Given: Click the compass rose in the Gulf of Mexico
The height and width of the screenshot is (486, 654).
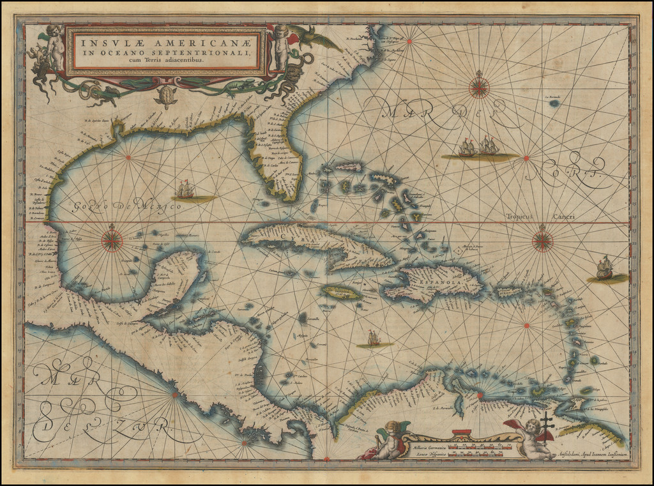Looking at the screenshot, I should (x=112, y=239).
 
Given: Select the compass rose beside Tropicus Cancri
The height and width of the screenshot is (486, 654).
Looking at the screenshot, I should (x=542, y=240).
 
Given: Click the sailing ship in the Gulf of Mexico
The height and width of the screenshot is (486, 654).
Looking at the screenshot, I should (x=186, y=190).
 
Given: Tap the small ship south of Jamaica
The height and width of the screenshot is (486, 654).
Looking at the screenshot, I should (x=374, y=338).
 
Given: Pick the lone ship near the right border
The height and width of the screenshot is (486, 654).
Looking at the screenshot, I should (x=604, y=268).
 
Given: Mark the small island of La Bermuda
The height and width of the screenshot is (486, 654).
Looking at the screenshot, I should (x=554, y=102).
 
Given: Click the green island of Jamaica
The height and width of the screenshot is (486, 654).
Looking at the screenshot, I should (x=340, y=292).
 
